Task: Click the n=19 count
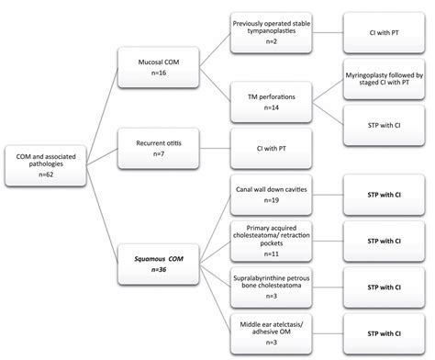(266, 201)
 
